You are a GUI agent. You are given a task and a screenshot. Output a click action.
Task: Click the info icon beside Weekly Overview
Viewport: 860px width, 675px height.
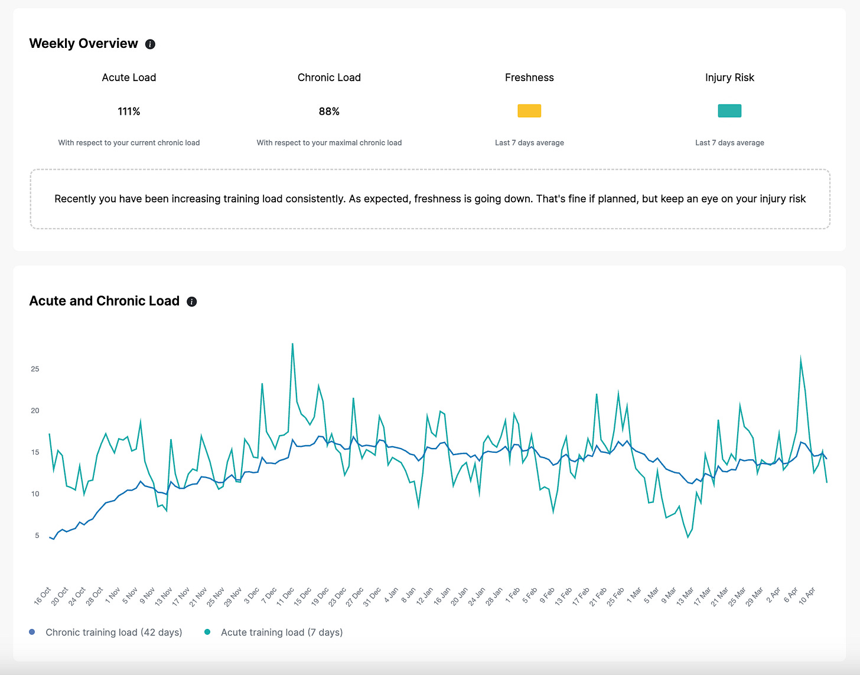pos(150,44)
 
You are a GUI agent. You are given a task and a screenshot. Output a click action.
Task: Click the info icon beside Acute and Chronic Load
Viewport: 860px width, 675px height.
pos(191,301)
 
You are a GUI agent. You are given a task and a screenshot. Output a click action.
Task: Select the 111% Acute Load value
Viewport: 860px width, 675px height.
pos(129,111)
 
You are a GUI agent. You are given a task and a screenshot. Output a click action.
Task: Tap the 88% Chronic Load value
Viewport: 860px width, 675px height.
pos(329,111)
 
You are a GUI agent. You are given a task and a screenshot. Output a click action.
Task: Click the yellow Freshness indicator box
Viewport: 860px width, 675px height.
pos(529,111)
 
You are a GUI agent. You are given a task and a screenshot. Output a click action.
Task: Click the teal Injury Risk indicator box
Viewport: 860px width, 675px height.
pos(729,111)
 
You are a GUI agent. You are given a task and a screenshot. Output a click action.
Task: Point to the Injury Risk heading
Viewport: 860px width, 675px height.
pos(729,77)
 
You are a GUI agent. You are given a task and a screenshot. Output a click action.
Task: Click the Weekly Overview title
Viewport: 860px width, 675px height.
pos(83,44)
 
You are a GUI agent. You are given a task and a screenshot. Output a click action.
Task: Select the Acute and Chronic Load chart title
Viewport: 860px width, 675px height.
pos(104,301)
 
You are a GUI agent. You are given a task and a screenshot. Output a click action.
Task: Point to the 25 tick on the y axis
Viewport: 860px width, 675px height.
pos(35,369)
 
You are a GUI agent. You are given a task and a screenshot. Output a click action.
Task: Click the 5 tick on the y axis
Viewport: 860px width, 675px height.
pos(37,536)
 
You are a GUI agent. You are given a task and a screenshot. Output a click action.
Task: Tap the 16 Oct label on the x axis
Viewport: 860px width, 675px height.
pos(43,596)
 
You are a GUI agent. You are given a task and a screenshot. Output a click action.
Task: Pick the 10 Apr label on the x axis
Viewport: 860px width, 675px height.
pos(807,596)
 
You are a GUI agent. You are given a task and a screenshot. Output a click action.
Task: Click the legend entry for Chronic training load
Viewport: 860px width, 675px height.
pos(113,632)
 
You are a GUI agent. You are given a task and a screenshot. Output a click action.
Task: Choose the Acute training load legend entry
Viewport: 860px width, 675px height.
pos(281,632)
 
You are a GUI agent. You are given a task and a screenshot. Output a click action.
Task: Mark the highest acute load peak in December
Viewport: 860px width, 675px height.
pos(292,344)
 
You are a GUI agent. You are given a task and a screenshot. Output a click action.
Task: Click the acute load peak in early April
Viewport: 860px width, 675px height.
pos(800,357)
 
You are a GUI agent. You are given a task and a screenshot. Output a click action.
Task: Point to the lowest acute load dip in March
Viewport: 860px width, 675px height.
pos(688,537)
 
